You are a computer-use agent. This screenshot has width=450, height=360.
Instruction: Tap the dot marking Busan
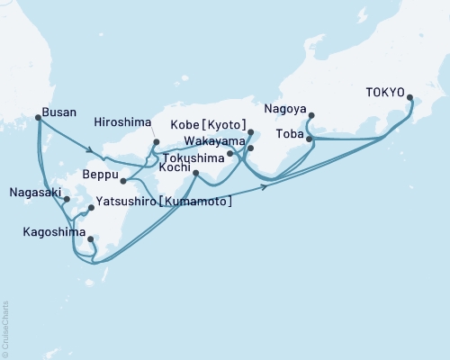pos(38,117)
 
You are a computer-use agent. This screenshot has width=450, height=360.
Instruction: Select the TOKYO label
pos(384,91)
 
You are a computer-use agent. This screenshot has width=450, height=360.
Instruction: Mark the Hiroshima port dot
pos(156,141)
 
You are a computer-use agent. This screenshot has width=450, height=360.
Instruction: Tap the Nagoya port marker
pos(310,115)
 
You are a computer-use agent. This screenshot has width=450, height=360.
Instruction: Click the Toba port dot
pos(309,139)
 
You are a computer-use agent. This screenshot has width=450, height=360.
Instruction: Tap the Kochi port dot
pos(196,173)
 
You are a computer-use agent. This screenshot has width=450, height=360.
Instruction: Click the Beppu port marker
pos(122,181)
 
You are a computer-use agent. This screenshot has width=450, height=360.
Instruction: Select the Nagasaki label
pos(36,192)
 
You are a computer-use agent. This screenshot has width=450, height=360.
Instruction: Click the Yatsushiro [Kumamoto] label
pos(164,202)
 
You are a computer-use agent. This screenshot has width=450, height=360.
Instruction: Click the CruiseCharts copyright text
pos(5,328)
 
